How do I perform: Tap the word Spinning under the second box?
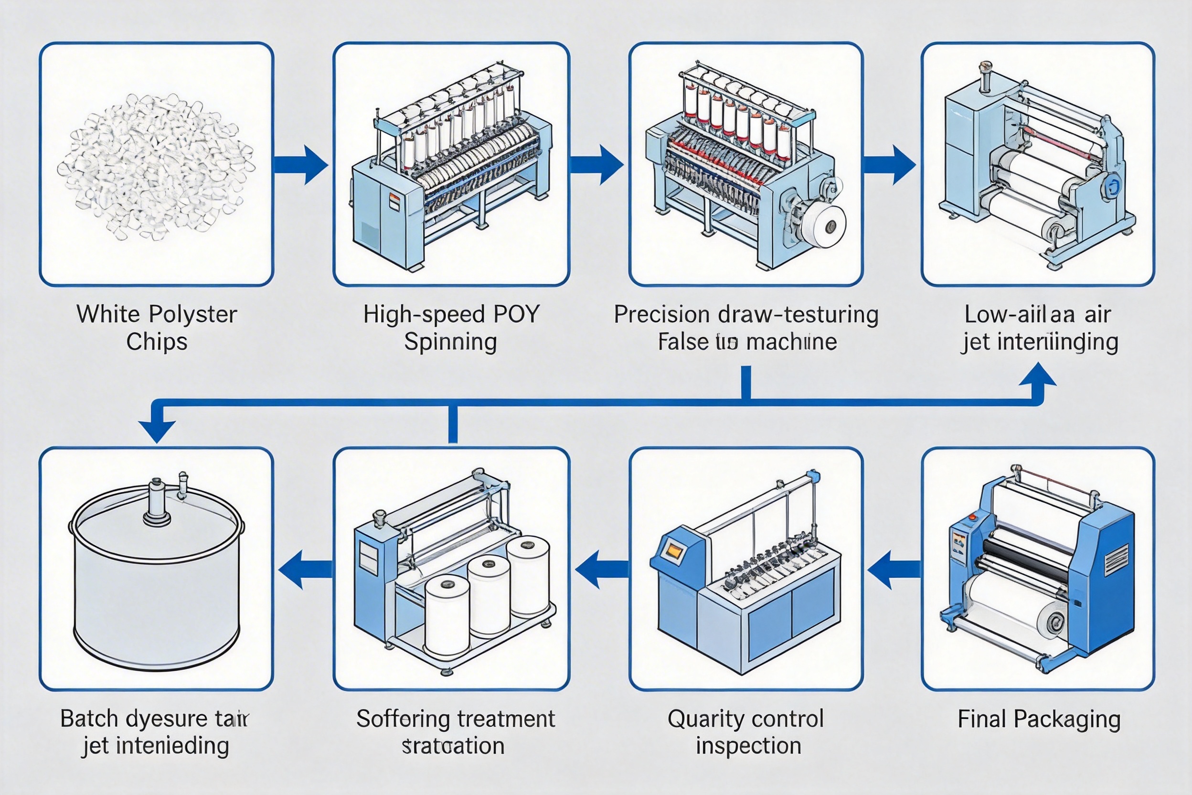(450, 342)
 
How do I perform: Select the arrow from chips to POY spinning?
(301, 164)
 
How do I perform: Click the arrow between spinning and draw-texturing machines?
(597, 164)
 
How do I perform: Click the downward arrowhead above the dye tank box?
(157, 431)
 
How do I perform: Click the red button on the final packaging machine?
(972, 517)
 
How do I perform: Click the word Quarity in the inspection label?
(702, 719)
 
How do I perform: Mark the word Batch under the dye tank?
(89, 719)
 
